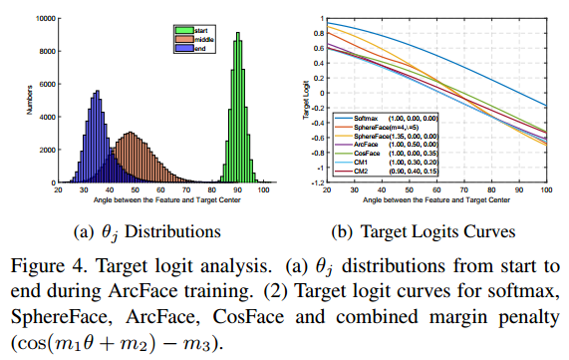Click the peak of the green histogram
coord(237,34)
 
